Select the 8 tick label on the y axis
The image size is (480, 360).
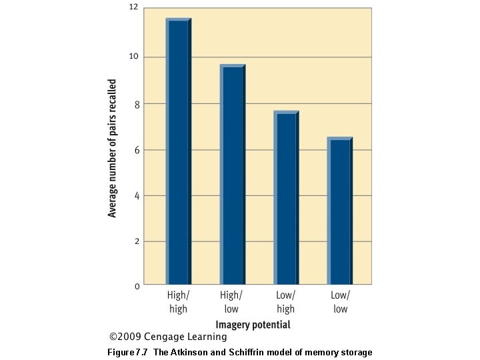click(x=136, y=104)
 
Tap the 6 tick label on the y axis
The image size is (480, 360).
click(x=136, y=150)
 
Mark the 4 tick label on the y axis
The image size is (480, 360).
click(x=136, y=195)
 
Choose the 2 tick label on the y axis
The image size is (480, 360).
click(x=136, y=241)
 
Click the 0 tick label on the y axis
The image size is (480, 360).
click(x=136, y=286)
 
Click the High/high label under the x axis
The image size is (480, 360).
click(x=178, y=301)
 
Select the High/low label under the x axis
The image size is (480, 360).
click(x=231, y=301)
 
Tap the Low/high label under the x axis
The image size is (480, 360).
click(x=285, y=301)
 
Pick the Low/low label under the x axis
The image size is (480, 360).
click(x=339, y=301)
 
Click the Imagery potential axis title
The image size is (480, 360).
click(x=253, y=325)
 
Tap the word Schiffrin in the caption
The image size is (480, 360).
click(x=252, y=352)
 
